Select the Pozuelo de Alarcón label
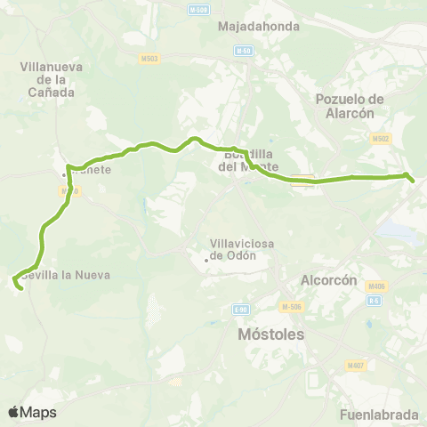[x=350, y=105]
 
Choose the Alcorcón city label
[x=328, y=279]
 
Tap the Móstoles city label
[x=271, y=334]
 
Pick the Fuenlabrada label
[x=379, y=415]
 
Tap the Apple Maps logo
[x=32, y=412]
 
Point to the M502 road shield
[x=381, y=139]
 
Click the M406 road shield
[x=375, y=286]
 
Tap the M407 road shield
[x=357, y=342]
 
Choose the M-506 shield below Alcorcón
[x=290, y=307]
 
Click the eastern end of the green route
[x=413, y=181]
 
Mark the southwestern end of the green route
[x=19, y=287]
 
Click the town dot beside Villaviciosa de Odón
[x=206, y=260]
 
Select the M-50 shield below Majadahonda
[x=243, y=51]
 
